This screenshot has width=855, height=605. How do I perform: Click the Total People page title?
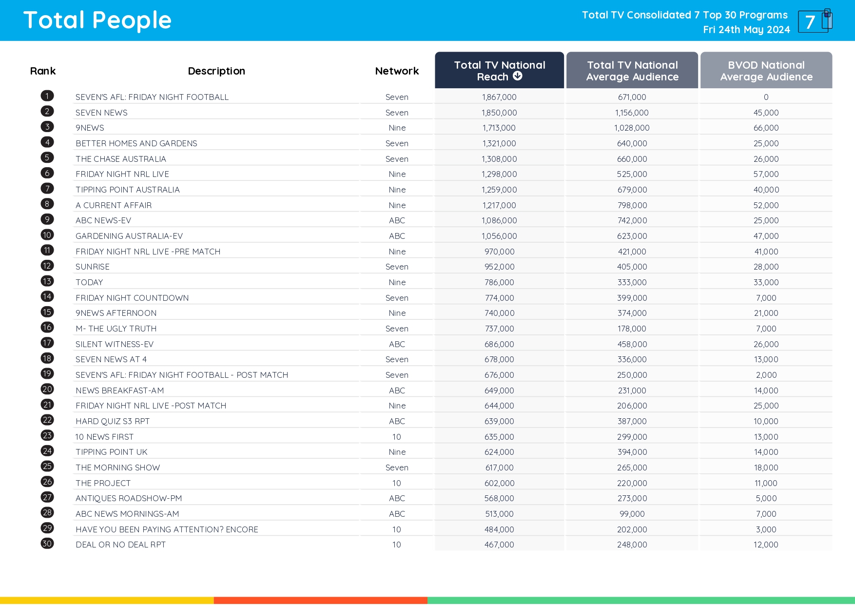point(97,20)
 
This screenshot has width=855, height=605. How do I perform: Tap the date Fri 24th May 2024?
point(746,30)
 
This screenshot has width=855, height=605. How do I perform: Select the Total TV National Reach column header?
point(499,70)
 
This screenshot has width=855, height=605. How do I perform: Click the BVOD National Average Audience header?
point(766,70)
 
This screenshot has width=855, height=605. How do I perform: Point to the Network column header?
point(397,71)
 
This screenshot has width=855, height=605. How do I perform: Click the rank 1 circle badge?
point(47,96)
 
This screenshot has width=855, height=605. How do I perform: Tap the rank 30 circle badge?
point(47,544)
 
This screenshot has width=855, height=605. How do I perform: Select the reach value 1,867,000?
point(499,97)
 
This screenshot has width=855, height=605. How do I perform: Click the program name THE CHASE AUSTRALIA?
point(121,159)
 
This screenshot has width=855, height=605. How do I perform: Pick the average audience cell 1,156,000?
point(632,113)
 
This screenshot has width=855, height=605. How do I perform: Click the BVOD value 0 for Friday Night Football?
point(766,97)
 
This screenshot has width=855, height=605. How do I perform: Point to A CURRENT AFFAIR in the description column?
point(114,205)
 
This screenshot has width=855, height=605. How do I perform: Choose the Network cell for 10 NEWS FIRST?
point(397,437)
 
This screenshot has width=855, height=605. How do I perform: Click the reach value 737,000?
point(499,329)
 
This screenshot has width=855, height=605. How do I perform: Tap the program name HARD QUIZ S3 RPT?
point(113,421)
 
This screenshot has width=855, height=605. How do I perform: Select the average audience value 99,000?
point(632,514)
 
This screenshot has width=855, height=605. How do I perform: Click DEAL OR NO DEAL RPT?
point(121,545)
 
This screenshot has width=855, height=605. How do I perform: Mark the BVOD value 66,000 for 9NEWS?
point(766,128)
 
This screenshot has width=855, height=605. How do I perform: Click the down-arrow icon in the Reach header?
point(518,76)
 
